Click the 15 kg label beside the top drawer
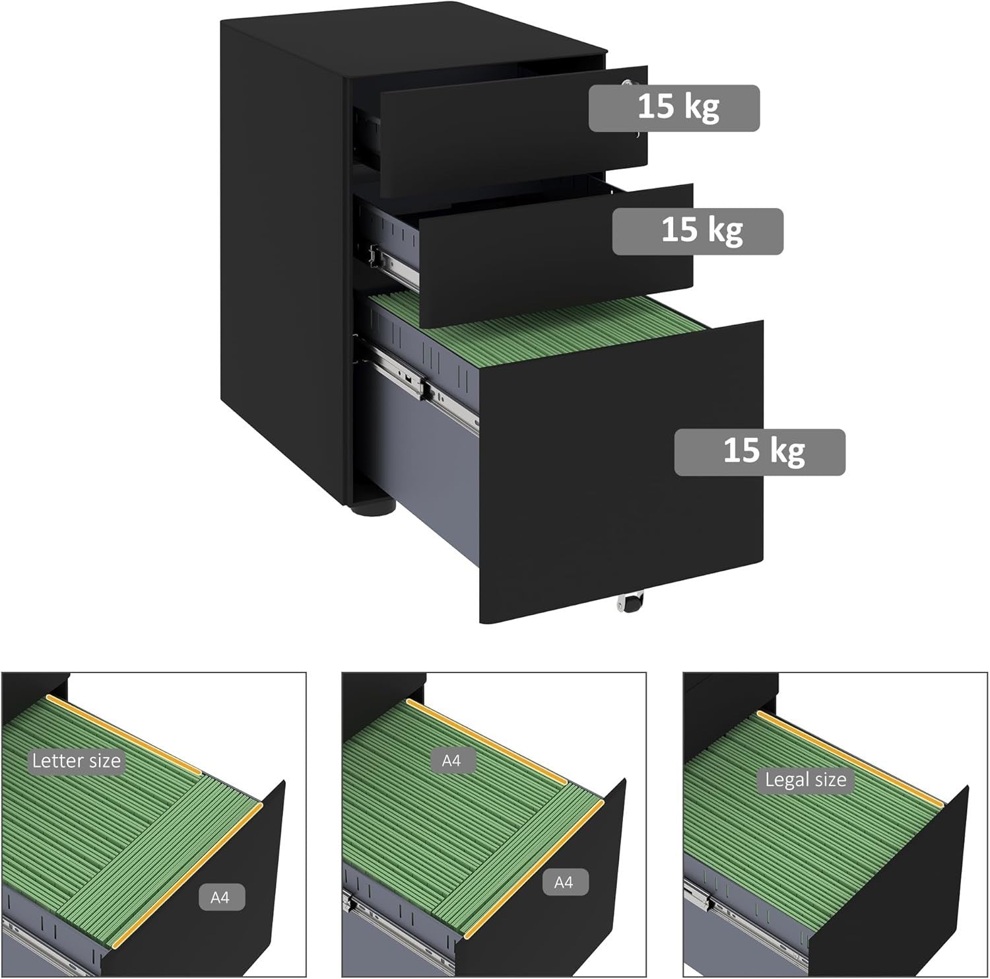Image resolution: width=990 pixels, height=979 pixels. tap(674, 108)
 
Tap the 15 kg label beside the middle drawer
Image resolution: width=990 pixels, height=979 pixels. tap(698, 231)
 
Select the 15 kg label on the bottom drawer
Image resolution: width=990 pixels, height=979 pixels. tap(760, 452)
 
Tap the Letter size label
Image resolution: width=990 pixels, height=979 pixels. tap(77, 760)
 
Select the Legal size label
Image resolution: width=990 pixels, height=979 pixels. tap(805, 780)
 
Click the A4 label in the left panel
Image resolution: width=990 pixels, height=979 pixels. tap(220, 898)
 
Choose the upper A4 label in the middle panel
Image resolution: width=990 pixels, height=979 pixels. tap(451, 761)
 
